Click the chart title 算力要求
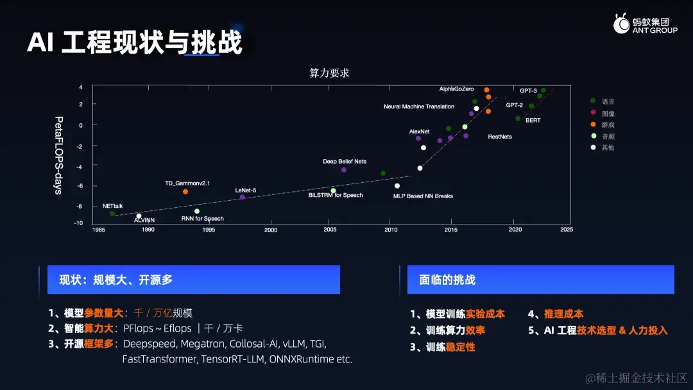click(329, 73)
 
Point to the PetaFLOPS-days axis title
click(58, 156)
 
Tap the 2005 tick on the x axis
click(330, 230)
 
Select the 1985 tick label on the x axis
click(99, 230)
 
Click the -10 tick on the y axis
click(79, 223)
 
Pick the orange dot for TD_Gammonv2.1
click(185, 192)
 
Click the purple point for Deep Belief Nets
click(344, 170)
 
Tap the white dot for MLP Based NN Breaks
click(397, 186)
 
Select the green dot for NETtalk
click(112, 214)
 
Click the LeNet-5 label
click(246, 190)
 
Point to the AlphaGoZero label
click(456, 89)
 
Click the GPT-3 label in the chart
click(528, 91)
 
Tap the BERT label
click(533, 120)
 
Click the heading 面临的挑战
click(447, 280)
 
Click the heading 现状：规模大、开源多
click(116, 280)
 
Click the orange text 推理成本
click(564, 314)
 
